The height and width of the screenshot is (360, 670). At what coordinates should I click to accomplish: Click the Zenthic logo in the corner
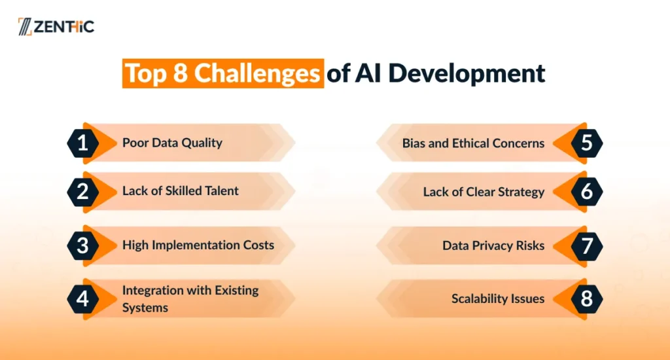[x=56, y=26]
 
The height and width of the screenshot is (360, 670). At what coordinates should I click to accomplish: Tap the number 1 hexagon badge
[x=83, y=143]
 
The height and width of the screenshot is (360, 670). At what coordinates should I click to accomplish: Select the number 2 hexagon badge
[x=83, y=192]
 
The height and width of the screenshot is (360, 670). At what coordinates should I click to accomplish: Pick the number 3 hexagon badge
[x=83, y=246]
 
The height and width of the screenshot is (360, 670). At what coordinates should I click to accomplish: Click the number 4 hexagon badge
[x=83, y=299]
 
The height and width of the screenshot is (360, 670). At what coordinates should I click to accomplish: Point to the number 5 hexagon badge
[x=587, y=143]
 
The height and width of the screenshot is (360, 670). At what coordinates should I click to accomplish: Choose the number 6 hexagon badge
[x=587, y=192]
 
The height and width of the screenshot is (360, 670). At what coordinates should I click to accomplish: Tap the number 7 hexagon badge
[x=587, y=246]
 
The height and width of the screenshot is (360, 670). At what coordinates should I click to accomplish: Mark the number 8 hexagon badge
[x=587, y=299]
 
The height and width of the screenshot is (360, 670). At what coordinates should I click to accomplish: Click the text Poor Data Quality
[x=172, y=143]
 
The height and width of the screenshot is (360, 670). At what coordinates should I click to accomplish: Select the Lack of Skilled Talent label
[x=181, y=190]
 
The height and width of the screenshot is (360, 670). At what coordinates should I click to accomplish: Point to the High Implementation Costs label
[x=198, y=245]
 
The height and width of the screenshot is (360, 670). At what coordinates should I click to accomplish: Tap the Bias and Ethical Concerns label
[x=474, y=143]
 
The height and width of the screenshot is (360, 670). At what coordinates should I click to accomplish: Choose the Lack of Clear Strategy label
[x=484, y=192]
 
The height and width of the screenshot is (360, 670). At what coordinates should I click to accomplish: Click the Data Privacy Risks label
[x=493, y=245]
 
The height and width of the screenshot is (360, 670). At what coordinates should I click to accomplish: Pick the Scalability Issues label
[x=498, y=298]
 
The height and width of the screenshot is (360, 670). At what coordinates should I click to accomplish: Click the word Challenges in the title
[x=257, y=73]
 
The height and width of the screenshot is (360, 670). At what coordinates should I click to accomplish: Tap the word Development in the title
[x=467, y=73]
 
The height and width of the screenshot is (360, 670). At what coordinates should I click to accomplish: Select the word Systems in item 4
[x=145, y=308]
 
